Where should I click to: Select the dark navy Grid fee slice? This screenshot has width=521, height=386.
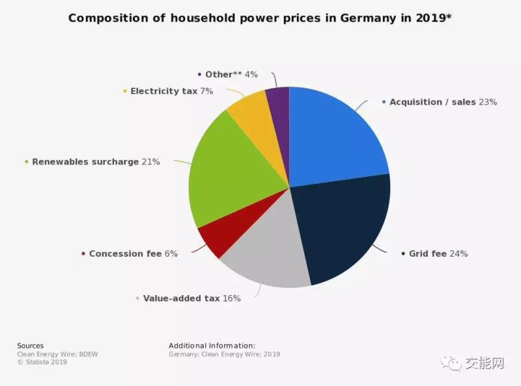tap(342, 227)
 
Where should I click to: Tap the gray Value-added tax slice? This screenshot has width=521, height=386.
tap(264, 257)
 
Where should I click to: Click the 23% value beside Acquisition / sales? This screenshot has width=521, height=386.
tap(487, 102)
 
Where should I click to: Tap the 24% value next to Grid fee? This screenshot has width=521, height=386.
tap(458, 253)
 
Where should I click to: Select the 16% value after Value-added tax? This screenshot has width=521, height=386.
tap(231, 298)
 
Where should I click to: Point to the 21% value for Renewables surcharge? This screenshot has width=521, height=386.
tap(150, 162)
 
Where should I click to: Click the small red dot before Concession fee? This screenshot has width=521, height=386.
tap(83, 254)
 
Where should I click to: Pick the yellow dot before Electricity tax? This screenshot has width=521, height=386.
tap(124, 92)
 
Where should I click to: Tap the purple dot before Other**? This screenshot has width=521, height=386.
tap(199, 75)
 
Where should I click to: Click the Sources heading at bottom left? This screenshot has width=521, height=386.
tap(30, 346)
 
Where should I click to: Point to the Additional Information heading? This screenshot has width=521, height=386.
tap(212, 346)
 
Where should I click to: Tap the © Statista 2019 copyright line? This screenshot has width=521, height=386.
tap(42, 363)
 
